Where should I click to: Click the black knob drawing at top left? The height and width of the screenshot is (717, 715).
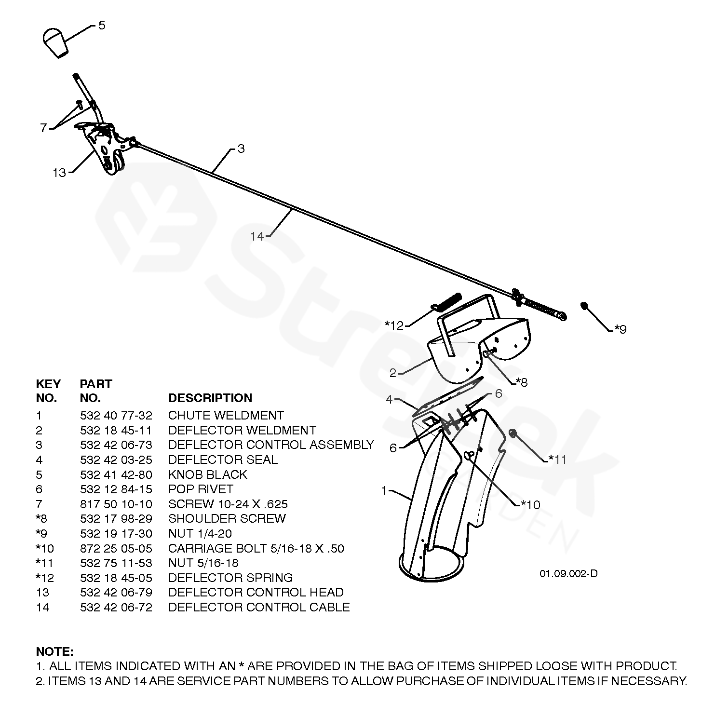coord(56,42)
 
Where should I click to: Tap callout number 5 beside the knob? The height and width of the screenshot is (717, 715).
coord(102,25)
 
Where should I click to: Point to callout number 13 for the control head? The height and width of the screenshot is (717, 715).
coord(59,173)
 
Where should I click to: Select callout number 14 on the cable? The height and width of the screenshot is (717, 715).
coord(257,236)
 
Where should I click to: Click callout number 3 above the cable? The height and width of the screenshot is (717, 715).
coord(241,149)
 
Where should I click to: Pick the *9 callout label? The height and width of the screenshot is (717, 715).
coord(620,329)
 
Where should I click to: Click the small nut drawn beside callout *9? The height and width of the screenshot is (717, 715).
coord(584,306)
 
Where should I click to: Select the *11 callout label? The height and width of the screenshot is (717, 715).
coord(557,460)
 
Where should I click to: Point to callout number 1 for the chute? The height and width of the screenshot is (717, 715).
coord(384,491)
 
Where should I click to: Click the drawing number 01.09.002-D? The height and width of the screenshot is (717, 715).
coord(568,573)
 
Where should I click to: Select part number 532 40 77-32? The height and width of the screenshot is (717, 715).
coord(116,415)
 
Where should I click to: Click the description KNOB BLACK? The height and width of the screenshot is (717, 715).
coord(207,474)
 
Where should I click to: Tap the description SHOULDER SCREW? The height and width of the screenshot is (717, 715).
coord(227,518)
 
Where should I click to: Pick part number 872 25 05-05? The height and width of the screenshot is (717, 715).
coord(116,548)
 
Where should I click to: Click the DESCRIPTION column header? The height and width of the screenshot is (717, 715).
coord(210,398)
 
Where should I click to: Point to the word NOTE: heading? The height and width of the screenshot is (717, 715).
coord(54,652)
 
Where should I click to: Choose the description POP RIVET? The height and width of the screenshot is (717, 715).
coord(201,489)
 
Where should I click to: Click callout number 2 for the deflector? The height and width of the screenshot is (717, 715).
coord(392,373)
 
